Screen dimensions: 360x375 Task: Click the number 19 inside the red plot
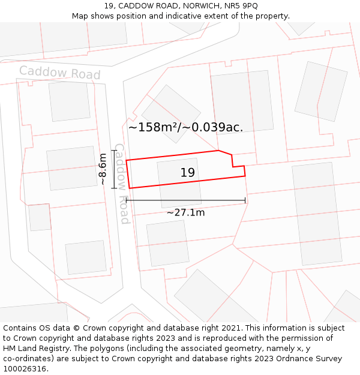(x=188, y=173)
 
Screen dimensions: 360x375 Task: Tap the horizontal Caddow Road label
(x=59, y=73)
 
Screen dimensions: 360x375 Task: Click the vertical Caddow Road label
(x=121, y=183)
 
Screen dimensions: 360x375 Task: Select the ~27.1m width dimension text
(x=185, y=212)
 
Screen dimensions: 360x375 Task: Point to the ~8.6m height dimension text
(x=103, y=169)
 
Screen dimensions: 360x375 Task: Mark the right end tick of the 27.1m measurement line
(x=245, y=200)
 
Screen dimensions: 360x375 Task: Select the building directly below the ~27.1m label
(x=167, y=242)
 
